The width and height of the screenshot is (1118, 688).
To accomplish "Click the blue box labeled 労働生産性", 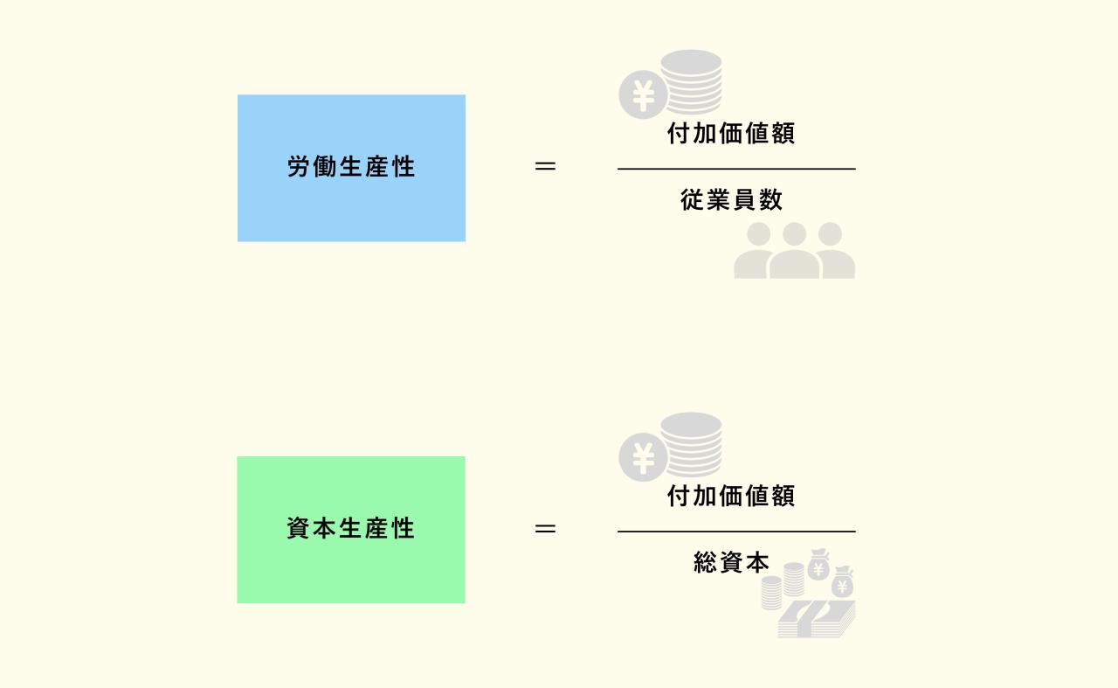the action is point(351,168).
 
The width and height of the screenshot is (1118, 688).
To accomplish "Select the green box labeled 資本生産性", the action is point(351,530).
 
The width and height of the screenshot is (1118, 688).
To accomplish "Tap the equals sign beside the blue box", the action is point(545,166).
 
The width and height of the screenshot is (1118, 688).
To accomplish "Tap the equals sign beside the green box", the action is point(545,529).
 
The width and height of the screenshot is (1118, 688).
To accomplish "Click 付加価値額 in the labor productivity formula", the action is point(731,134).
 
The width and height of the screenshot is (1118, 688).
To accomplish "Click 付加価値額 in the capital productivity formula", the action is point(731,497).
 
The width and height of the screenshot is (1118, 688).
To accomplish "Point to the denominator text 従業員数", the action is point(732,200).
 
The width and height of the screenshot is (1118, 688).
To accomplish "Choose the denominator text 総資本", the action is point(732,563).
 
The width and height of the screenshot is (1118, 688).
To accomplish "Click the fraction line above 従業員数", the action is point(736,169).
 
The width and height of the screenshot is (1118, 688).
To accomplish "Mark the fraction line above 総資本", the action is point(736,532).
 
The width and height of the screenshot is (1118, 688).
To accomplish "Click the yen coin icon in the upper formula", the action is point(643,95).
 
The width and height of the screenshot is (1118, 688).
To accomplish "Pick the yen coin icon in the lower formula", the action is point(643,457).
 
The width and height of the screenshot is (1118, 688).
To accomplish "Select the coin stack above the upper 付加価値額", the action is point(692,81).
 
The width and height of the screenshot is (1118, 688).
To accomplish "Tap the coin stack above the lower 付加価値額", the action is point(692,444).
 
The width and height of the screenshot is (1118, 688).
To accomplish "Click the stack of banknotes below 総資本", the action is point(817,620).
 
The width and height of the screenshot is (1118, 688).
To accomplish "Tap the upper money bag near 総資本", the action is point(818,565).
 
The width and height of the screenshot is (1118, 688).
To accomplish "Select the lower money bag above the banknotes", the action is point(843,582).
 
